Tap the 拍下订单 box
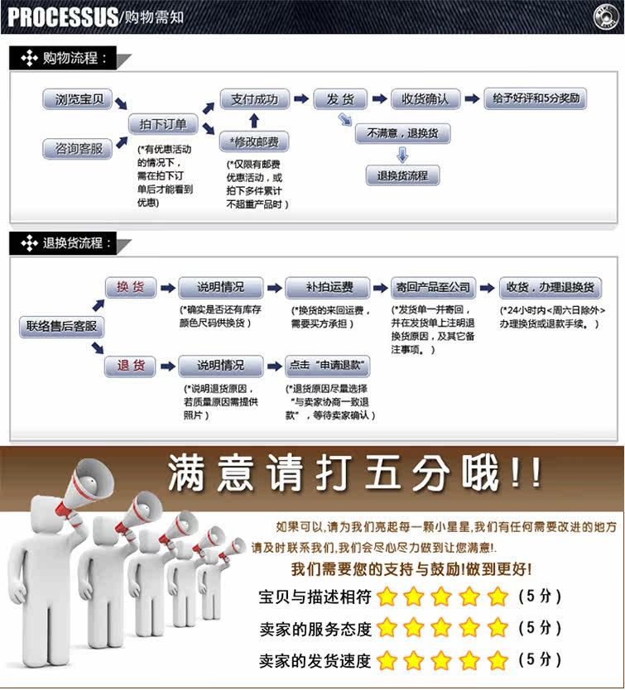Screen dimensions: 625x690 click(x=163, y=125)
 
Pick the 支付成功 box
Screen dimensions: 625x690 click(x=254, y=99)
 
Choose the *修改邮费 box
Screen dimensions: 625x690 click(x=254, y=142)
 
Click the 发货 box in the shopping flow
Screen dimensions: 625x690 click(x=340, y=99)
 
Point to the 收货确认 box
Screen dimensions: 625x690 click(x=425, y=99)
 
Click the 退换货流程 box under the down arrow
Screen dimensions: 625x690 click(x=402, y=175)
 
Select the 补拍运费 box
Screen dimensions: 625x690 click(x=327, y=288)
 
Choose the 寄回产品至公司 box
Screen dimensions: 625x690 click(x=433, y=288)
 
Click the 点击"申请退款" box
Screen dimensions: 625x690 click(x=327, y=366)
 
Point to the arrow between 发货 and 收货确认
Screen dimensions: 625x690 click(x=379, y=99)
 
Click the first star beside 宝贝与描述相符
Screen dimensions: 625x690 click(x=387, y=596)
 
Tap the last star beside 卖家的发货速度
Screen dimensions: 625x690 click(x=497, y=660)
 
